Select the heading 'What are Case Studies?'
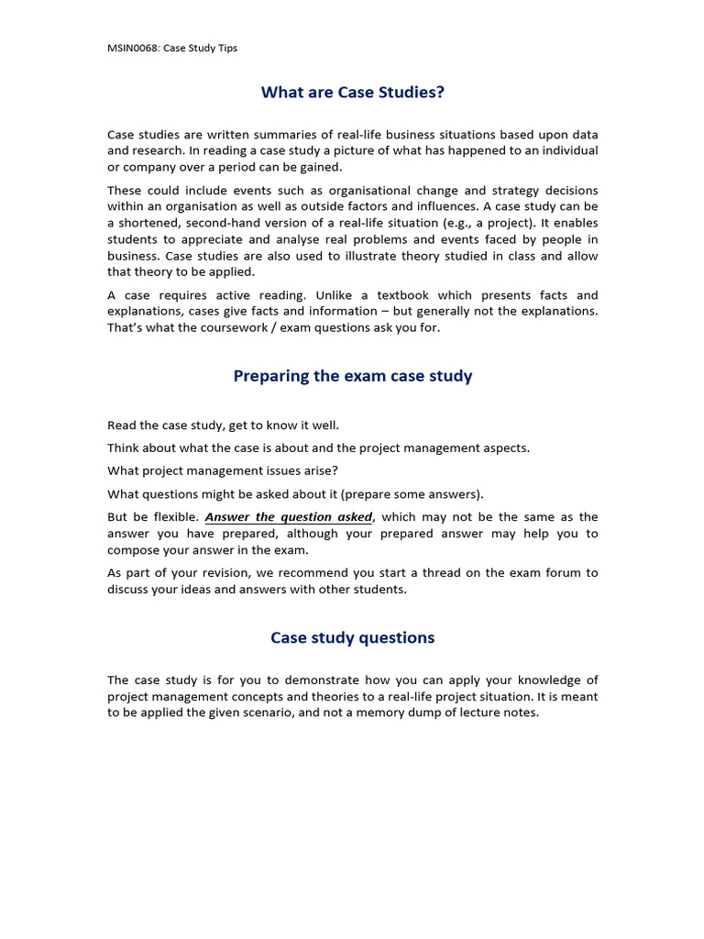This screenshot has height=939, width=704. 352,92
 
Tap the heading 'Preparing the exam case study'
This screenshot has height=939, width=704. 352,376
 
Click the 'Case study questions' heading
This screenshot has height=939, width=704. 352,637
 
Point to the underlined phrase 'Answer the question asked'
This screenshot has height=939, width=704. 289,517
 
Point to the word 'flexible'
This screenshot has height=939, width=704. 173,517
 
